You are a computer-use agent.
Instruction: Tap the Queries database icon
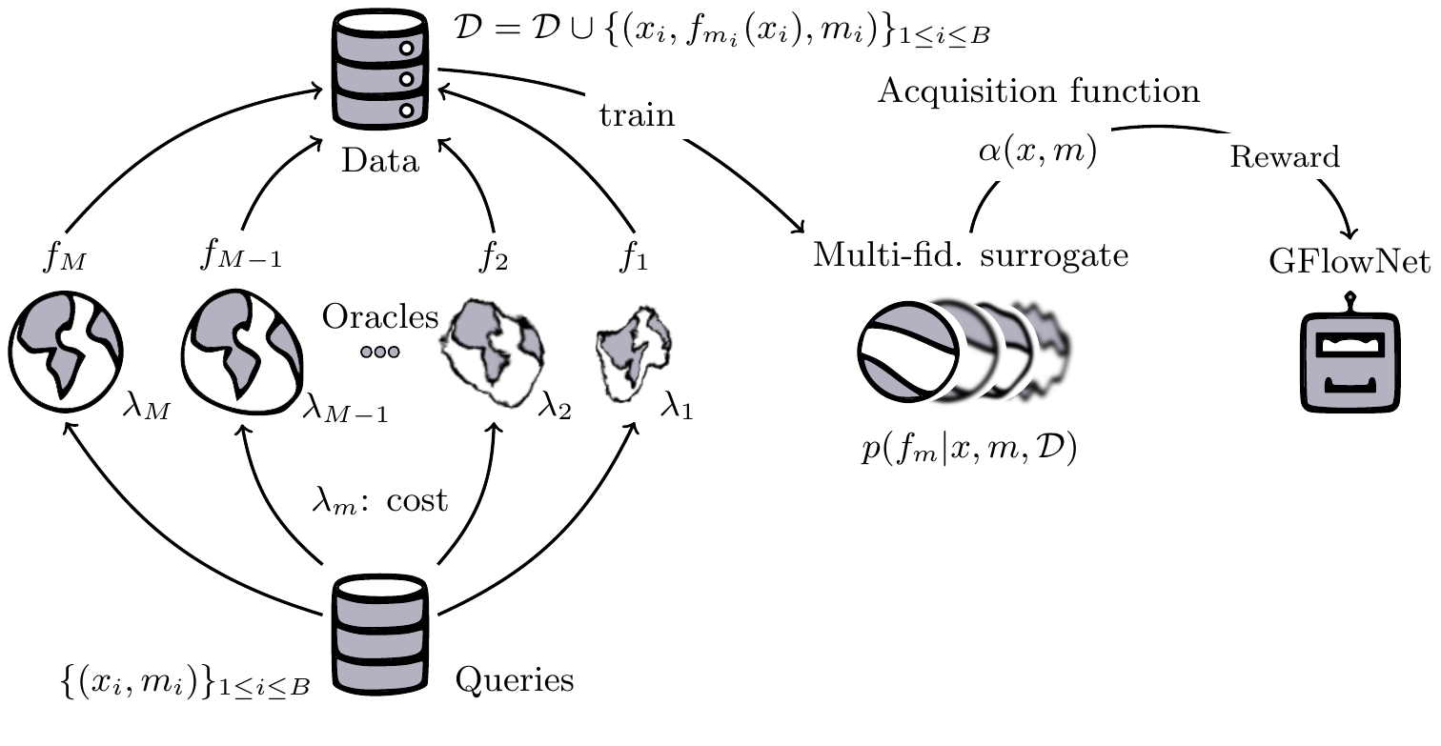[380, 633]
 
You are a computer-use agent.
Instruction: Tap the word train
[638, 116]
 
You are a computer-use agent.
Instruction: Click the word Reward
[1285, 156]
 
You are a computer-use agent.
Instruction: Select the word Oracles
[379, 316]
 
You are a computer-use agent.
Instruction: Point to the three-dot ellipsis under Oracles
[379, 352]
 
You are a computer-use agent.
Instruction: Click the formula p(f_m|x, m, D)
[967, 449]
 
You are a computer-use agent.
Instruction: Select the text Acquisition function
[1039, 92]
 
